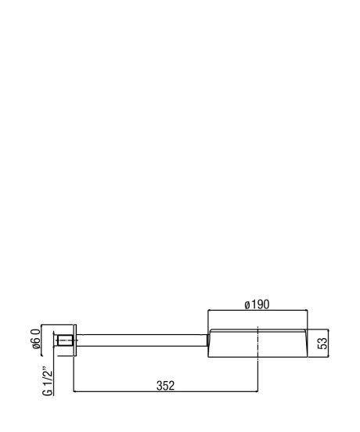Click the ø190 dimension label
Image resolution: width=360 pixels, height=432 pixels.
tap(257, 304)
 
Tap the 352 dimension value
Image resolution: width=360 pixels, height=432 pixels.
tap(165, 386)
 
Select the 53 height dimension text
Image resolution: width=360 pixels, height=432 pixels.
tap(322, 343)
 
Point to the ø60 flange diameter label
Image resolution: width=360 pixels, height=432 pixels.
tap(36, 339)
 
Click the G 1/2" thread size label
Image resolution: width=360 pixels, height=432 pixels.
tap(48, 381)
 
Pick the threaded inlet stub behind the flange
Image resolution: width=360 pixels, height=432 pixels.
tap(65, 340)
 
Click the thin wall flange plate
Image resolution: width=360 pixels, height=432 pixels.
tap(75, 340)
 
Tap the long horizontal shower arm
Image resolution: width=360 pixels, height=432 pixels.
tap(142, 340)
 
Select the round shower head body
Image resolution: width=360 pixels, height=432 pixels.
tap(257, 344)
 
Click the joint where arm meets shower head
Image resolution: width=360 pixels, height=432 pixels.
tap(208, 340)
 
